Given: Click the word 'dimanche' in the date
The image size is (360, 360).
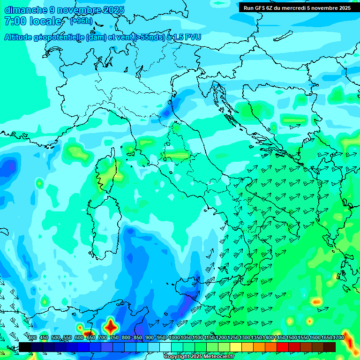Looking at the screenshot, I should click(26, 10).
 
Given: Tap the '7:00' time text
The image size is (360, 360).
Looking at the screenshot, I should click(14, 21).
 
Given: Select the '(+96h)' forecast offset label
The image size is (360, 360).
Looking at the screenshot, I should click(81, 21).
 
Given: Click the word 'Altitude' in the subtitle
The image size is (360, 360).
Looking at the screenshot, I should click(22, 37).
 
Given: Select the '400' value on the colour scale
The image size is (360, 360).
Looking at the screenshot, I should click(32, 338).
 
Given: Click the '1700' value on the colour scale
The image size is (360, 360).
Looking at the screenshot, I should click(338, 338).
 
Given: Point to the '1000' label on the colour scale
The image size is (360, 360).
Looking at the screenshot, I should click(174, 338).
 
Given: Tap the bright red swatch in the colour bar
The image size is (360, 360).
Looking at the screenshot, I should click(283, 347).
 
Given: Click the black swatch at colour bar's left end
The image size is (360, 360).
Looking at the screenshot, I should click(25, 347).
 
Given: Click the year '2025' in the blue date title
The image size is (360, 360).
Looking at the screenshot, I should click(113, 10).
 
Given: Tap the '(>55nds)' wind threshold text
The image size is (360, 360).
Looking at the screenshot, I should click(147, 37).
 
